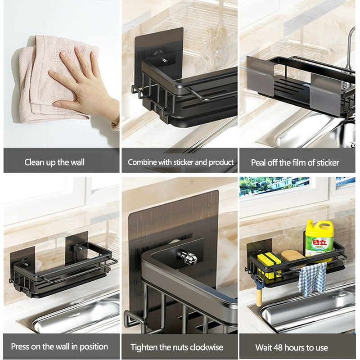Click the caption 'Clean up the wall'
54,162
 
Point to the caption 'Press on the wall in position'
59,346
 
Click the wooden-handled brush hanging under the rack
260,292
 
